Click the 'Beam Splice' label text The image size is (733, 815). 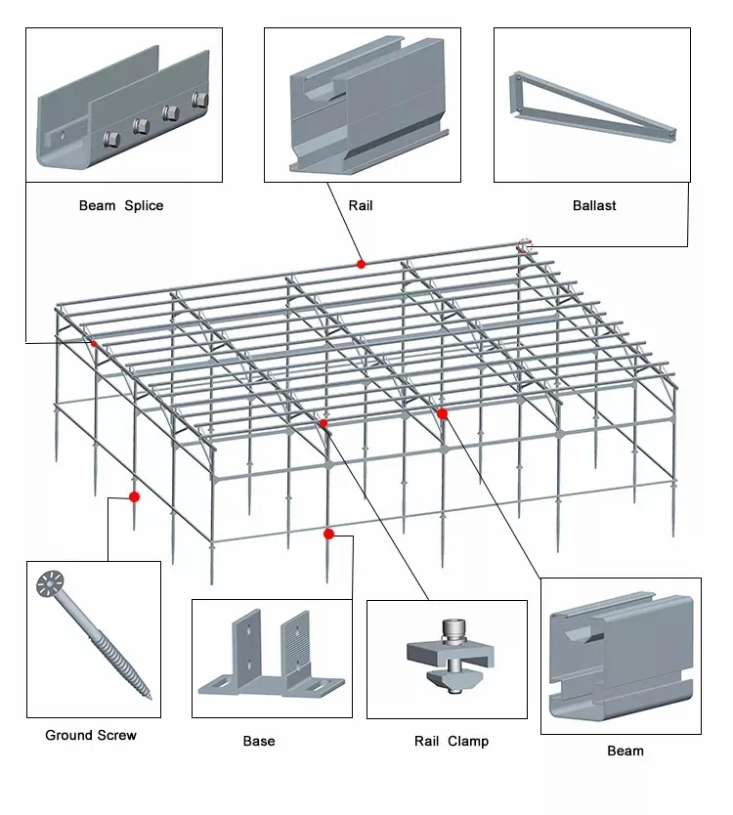(121, 206)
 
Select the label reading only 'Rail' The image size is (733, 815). (361, 206)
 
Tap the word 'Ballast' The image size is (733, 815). (594, 206)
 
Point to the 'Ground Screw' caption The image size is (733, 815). (91, 735)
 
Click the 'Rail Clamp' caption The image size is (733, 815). (452, 741)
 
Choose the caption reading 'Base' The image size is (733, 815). (259, 741)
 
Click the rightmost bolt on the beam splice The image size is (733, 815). (200, 99)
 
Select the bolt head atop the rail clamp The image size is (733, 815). (451, 629)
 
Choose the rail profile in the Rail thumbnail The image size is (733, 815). (366, 107)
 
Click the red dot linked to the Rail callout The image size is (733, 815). (361, 264)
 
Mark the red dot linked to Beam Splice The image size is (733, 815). (94, 343)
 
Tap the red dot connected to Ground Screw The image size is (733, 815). (134, 496)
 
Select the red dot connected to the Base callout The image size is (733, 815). (328, 534)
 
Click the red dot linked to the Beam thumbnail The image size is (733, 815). (442, 413)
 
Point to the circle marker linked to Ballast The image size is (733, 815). (525, 245)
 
